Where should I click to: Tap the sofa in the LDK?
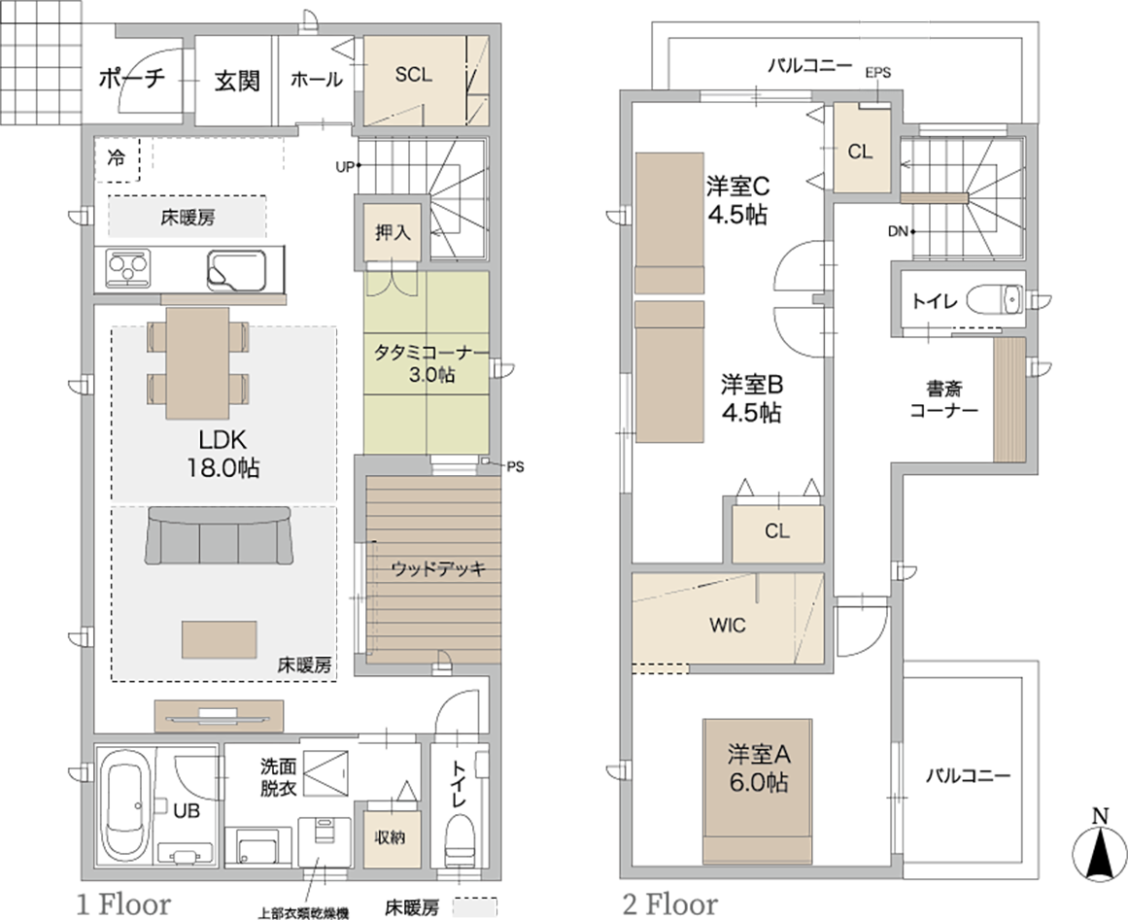[219, 535]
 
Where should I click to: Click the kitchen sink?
[236, 270]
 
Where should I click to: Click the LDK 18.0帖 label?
[223, 454]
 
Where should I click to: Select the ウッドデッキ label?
[438, 569]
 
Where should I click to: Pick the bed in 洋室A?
[758, 790]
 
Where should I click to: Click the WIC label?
[728, 625]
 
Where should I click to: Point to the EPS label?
[877, 72]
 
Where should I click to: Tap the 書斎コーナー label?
[943, 400]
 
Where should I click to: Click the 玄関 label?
[237, 81]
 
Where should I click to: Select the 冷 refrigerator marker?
[116, 156]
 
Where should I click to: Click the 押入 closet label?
[393, 232]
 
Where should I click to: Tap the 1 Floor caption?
[123, 903]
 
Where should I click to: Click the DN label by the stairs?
[897, 231]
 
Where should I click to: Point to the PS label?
[515, 467]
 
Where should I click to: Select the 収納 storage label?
[390, 837]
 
